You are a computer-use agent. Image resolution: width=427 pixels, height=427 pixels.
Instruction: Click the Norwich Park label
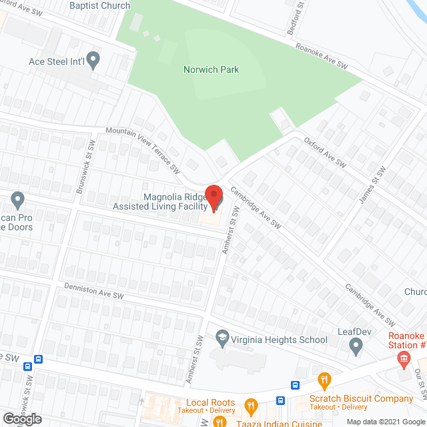click(x=211, y=69)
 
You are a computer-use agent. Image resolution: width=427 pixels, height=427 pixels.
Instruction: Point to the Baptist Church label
click(x=100, y=5)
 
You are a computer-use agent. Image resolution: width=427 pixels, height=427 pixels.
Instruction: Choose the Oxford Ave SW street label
click(x=326, y=152)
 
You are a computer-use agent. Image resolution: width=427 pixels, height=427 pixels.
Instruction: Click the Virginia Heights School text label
click(x=279, y=340)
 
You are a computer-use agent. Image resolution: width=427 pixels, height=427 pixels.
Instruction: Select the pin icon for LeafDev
click(x=356, y=345)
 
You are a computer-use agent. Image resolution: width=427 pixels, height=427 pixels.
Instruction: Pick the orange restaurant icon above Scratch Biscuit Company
click(x=325, y=381)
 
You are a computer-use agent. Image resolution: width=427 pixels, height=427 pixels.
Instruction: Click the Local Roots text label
click(x=211, y=402)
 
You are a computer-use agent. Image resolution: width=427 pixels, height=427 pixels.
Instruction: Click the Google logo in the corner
click(x=21, y=419)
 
